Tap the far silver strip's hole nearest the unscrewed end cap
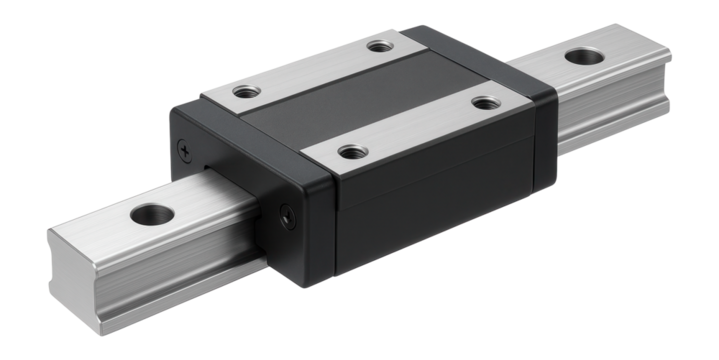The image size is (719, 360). (x=378, y=45)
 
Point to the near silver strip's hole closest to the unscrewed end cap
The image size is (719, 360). (x=484, y=101)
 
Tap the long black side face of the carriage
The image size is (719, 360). (x=430, y=210)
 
